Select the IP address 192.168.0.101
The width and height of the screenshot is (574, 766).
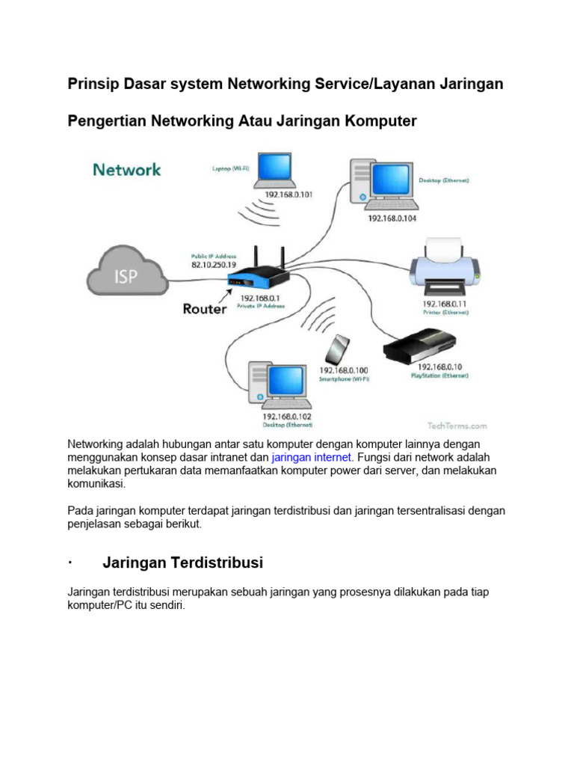point(288,194)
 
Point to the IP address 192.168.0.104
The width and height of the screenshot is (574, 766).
point(391,218)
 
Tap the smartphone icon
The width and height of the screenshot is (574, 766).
point(340,349)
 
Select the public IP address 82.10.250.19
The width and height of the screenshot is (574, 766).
point(214,265)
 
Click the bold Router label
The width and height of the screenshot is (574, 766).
point(204,308)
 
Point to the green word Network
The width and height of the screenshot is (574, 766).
point(127,170)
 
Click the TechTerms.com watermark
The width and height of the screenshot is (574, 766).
point(458,425)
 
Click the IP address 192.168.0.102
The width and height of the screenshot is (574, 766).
point(286,416)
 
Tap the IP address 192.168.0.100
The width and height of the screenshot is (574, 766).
point(345,370)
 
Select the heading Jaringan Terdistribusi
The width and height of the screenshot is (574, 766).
point(182,561)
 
